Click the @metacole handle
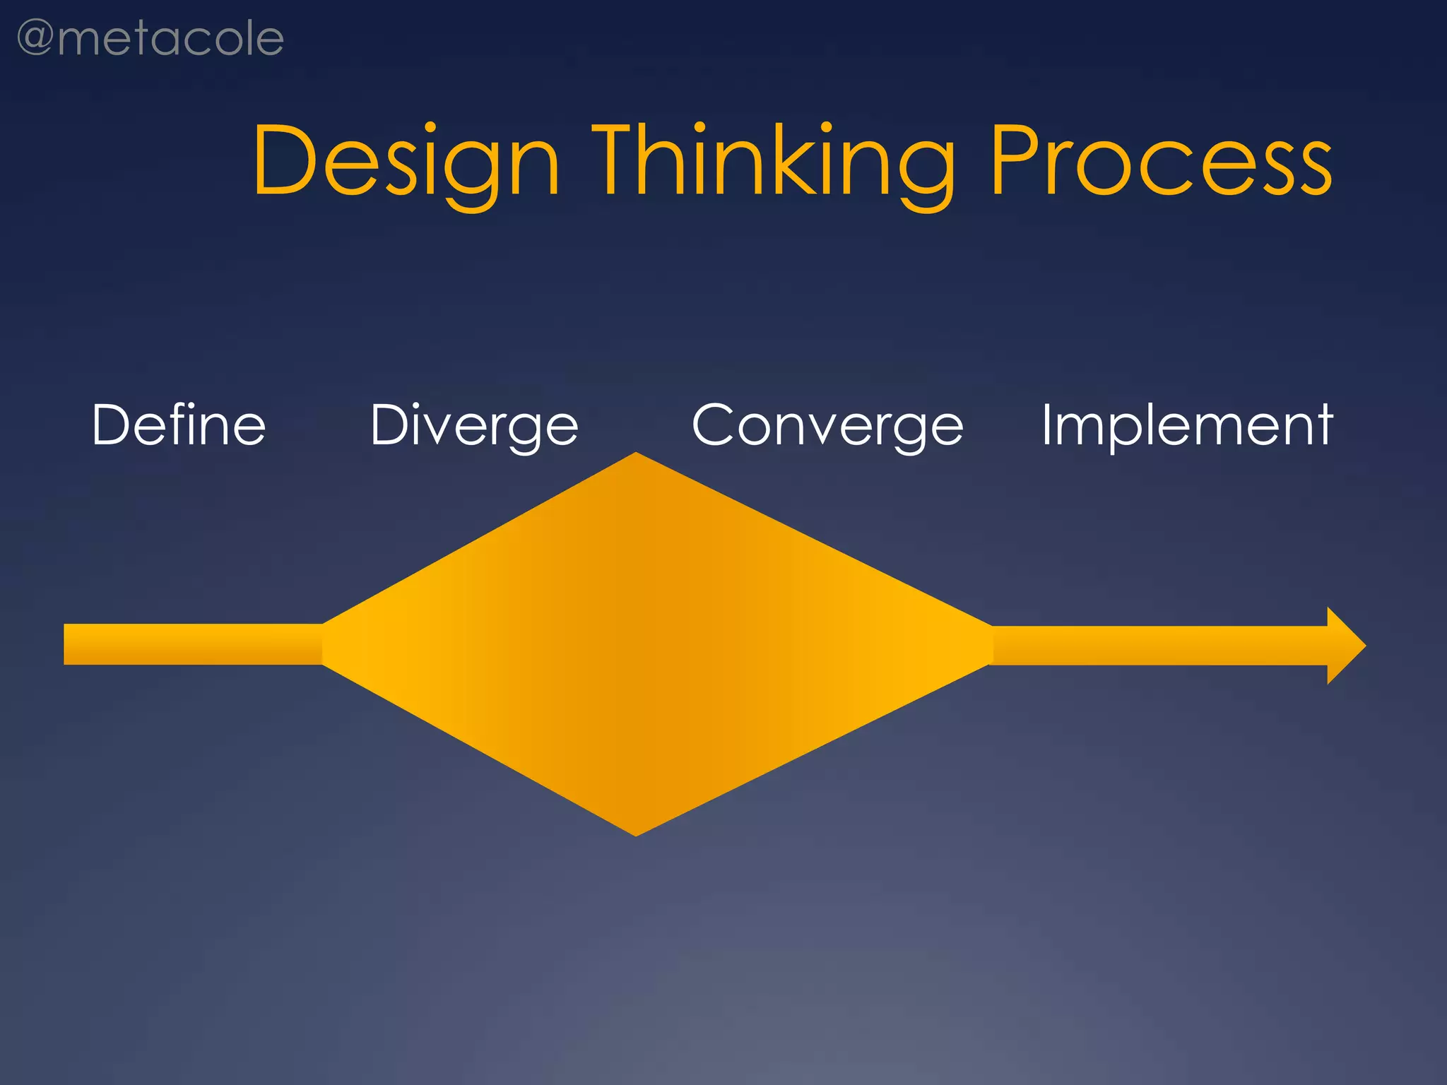pyautogui.click(x=150, y=40)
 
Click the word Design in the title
pyautogui.click(x=407, y=161)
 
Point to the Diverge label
pyautogui.click(x=474, y=426)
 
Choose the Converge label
pyautogui.click(x=827, y=426)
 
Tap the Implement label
pyautogui.click(x=1187, y=426)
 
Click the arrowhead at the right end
pyautogui.click(x=1345, y=646)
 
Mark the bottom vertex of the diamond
pyautogui.click(x=636, y=834)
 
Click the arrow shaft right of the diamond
pyautogui.click(x=1159, y=646)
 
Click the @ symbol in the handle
pyautogui.click(x=35, y=38)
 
